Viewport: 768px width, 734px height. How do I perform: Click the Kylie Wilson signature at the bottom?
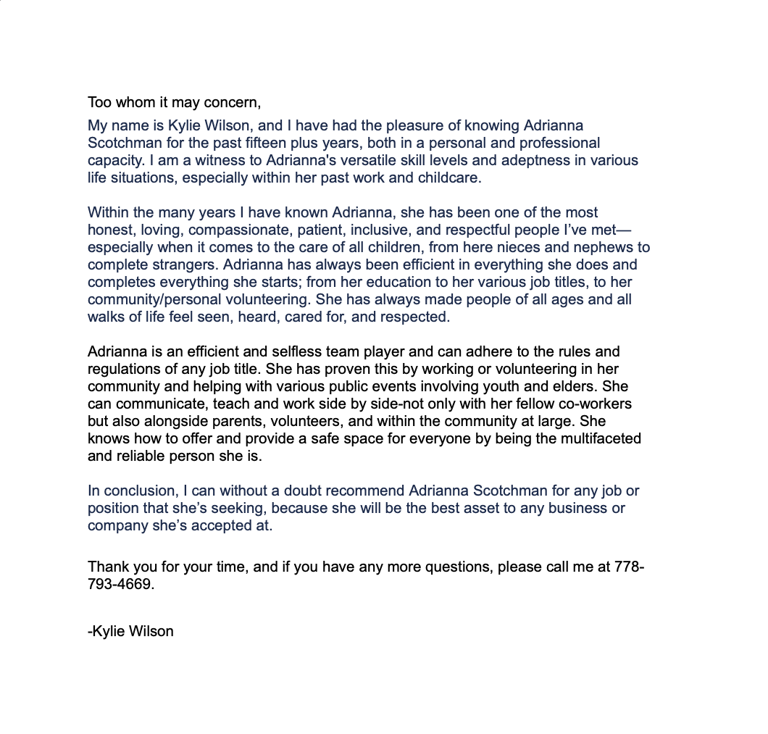click(131, 631)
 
